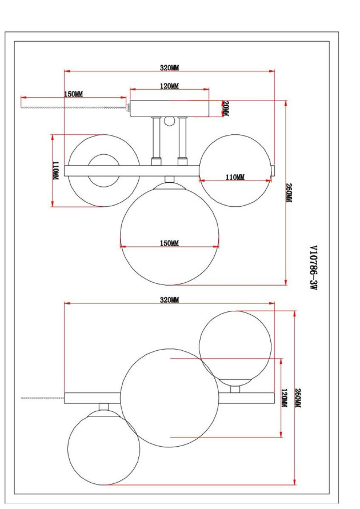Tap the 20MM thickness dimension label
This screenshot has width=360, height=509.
(x=225, y=109)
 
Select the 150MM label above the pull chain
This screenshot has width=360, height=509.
(x=73, y=94)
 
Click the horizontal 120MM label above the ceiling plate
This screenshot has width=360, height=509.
(x=169, y=86)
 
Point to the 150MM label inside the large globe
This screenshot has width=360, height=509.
(x=169, y=243)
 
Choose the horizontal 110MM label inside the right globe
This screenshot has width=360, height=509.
(x=235, y=178)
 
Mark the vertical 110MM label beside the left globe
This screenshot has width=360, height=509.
(x=55, y=171)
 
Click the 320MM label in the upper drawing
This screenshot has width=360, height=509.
(x=169, y=67)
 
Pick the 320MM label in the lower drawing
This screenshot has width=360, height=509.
(x=169, y=300)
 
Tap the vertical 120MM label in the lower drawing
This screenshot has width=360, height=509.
(x=284, y=398)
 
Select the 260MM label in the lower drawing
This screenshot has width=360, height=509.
(x=297, y=398)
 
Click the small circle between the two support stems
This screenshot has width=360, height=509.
(x=169, y=121)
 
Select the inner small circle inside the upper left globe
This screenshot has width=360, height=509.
(x=103, y=170)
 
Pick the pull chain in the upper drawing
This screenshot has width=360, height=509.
(x=73, y=107)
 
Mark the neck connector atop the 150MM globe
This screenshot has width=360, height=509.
(x=169, y=179)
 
